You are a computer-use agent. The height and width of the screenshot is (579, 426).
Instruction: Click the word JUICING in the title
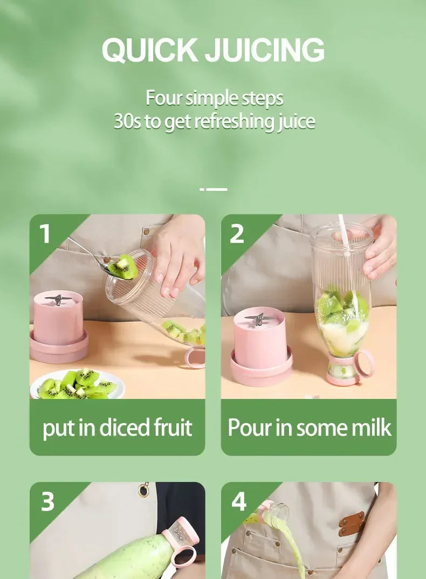[x=265, y=50]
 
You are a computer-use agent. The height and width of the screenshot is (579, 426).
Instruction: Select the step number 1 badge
[x=45, y=233]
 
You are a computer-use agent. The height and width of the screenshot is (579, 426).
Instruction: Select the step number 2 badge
[x=237, y=233]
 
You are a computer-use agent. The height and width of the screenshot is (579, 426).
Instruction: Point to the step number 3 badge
[x=47, y=501]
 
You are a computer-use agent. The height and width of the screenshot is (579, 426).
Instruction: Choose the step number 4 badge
[x=239, y=501]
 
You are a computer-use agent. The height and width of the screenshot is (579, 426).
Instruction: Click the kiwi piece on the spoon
[x=123, y=266]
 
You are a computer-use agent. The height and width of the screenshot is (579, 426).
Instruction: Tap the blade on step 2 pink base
[x=258, y=319]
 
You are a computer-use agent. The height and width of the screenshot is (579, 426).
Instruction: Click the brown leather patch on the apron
[x=352, y=523]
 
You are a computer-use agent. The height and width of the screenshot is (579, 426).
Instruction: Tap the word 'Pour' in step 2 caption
[x=249, y=428]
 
